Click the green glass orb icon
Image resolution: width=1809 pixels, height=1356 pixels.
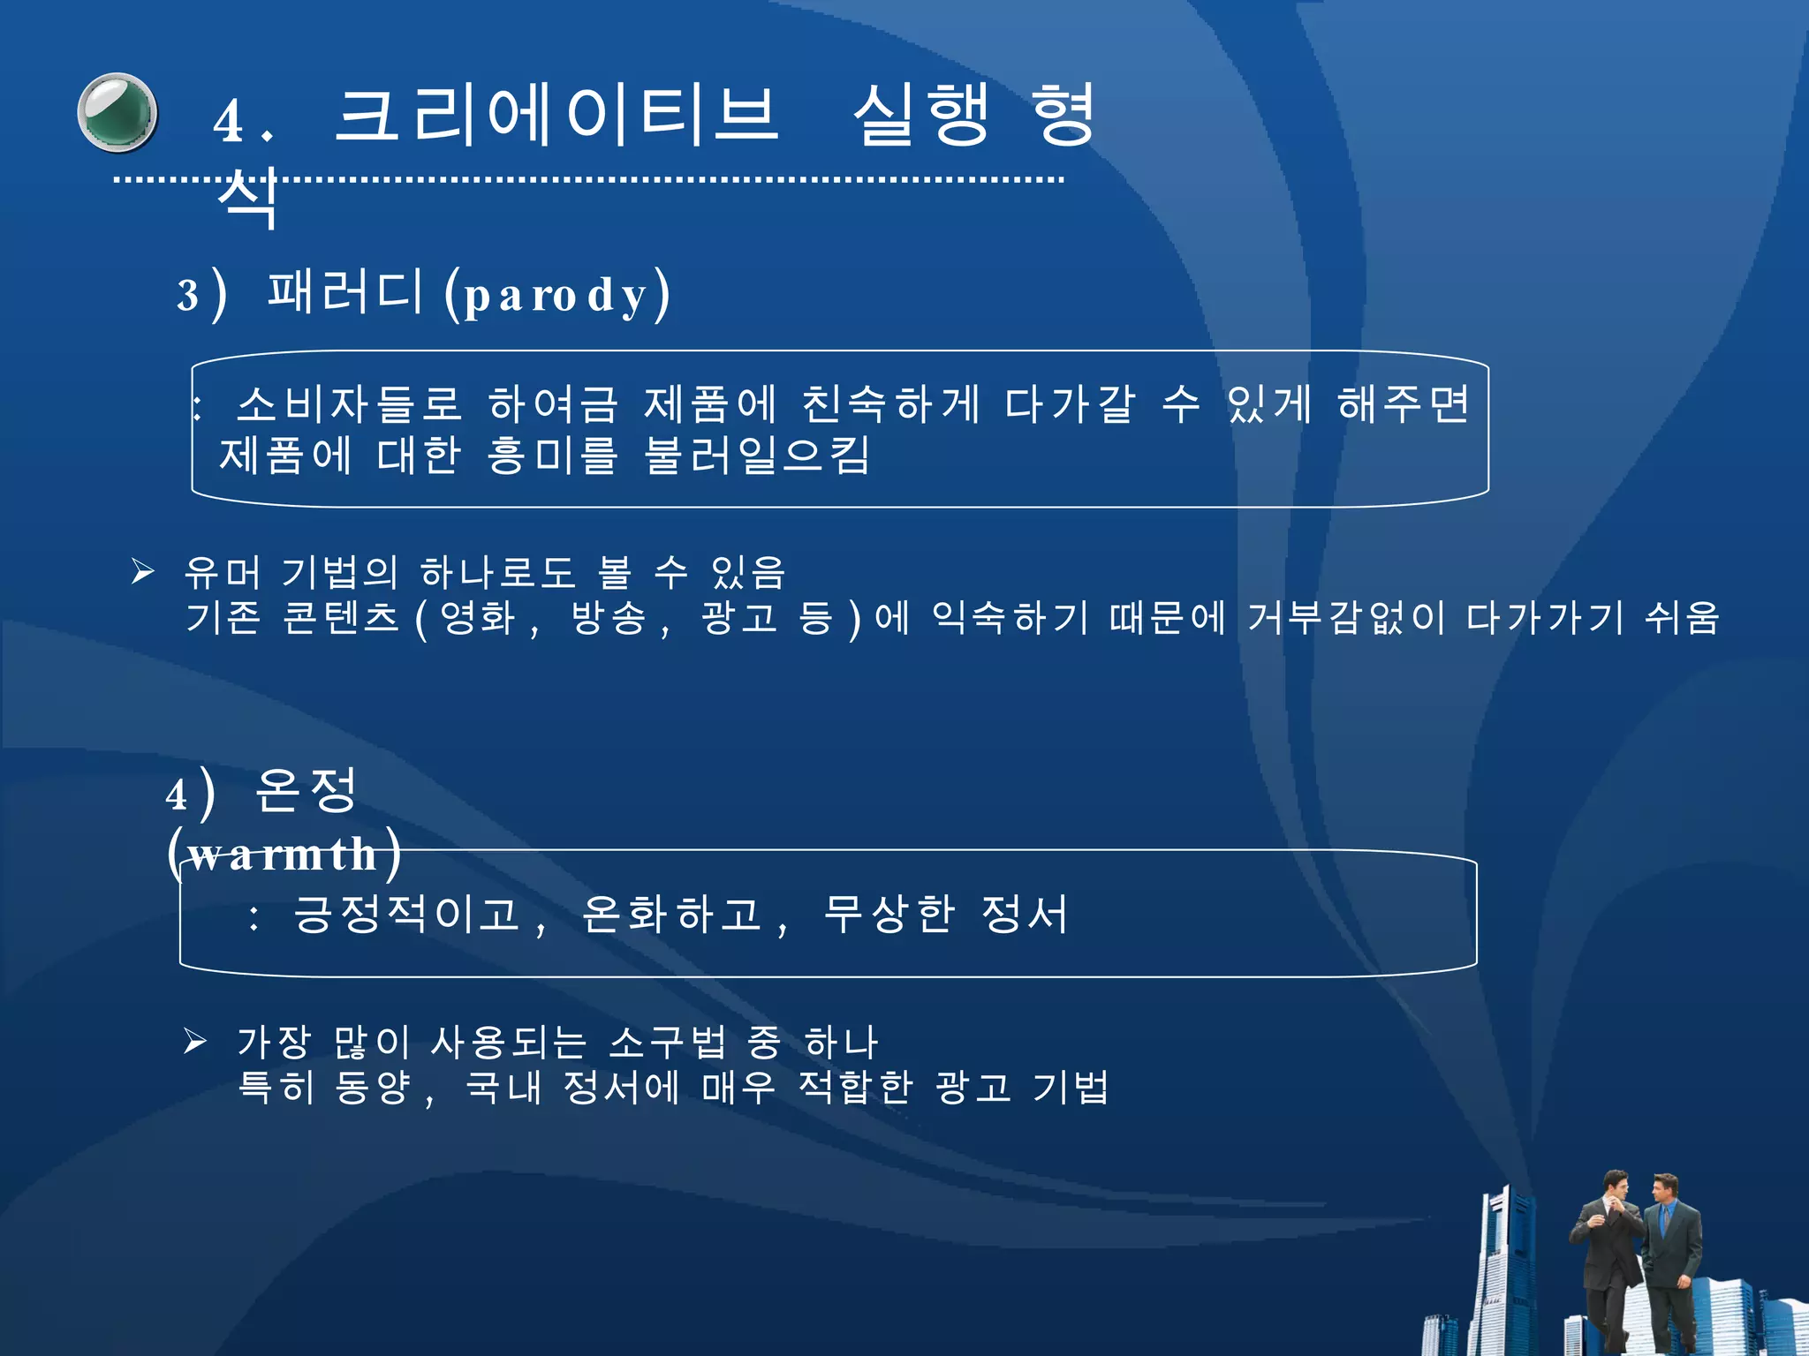point(117,113)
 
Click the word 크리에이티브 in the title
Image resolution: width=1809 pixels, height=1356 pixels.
point(556,116)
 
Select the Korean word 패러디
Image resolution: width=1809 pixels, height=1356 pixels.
point(345,291)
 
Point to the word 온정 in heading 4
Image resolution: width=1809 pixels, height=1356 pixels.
point(306,790)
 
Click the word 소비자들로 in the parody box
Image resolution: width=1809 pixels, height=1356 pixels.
point(350,405)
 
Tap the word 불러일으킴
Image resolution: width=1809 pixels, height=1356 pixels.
point(757,456)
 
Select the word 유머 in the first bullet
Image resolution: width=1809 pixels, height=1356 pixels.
point(222,573)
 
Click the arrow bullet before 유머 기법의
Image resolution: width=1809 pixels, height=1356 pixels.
point(143,572)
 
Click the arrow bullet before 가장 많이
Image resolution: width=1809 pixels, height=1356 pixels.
point(195,1042)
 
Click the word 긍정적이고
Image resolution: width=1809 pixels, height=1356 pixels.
point(406,915)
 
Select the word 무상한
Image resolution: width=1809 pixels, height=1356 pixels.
point(889,915)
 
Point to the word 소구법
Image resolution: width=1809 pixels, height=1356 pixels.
point(668,1043)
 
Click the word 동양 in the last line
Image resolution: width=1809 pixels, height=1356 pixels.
point(373,1088)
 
